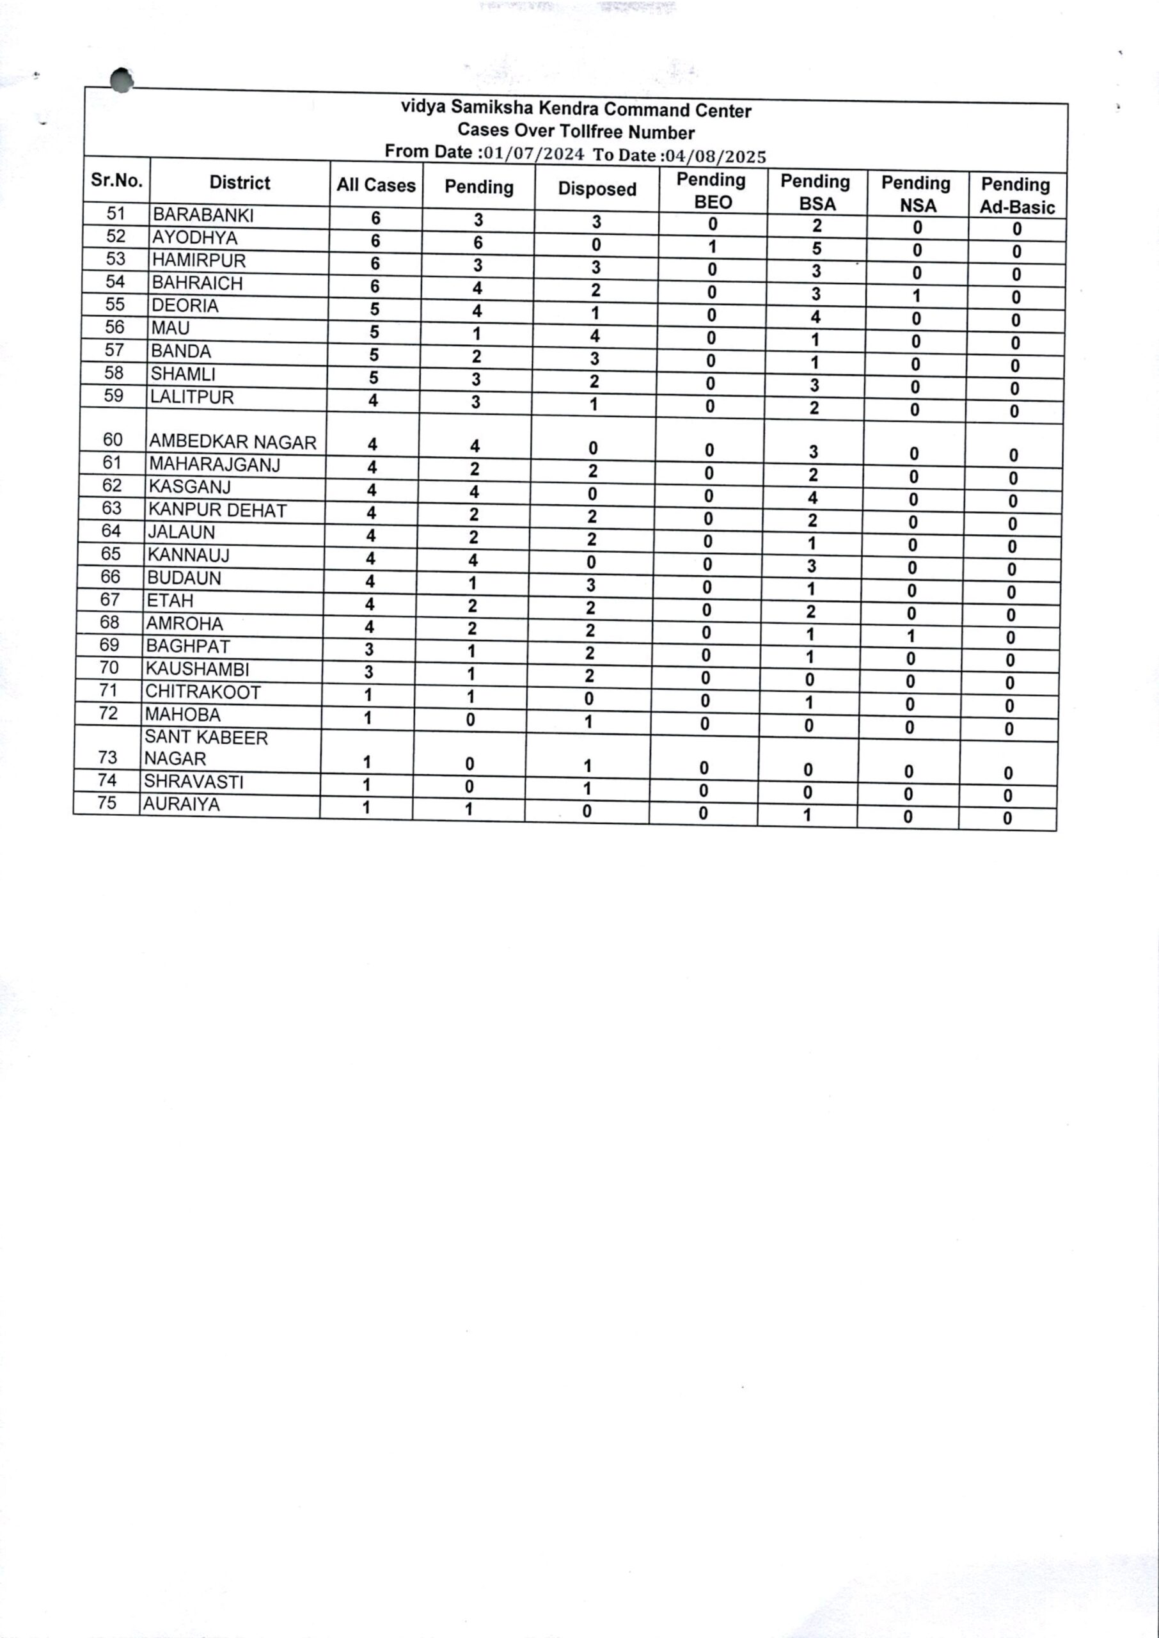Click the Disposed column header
pos(597,189)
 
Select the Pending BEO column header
pos(711,191)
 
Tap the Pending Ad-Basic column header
pos(1016,196)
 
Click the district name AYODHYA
pos(195,237)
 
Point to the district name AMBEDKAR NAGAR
pos(232,443)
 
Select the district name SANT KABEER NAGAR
pos(205,748)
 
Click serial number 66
pos(110,576)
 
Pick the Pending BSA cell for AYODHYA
pos(816,249)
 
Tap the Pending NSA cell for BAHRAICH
pos(917,296)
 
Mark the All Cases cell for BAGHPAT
pos(369,649)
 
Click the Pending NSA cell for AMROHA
pos(911,636)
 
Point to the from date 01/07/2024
pos(534,154)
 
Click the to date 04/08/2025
pos(716,155)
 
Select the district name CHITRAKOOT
pos(203,692)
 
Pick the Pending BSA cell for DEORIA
pos(815,317)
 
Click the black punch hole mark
pos(122,80)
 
